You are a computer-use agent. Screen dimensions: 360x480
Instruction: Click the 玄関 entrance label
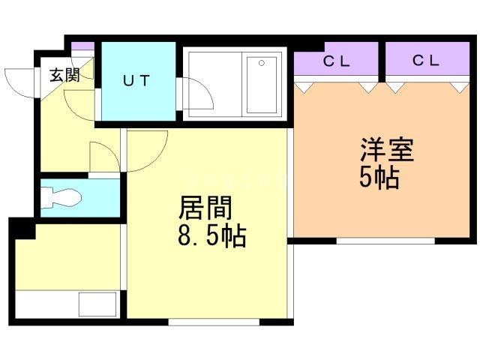pyautogui.click(x=64, y=75)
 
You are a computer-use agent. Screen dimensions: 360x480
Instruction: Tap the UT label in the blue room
pyautogui.click(x=136, y=80)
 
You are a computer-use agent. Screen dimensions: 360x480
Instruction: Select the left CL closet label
pyautogui.click(x=337, y=62)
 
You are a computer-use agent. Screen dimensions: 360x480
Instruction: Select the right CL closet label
pyautogui.click(x=425, y=61)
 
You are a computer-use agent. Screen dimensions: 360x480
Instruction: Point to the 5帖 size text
pyautogui.click(x=379, y=179)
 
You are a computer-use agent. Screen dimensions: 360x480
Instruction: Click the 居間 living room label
pyautogui.click(x=204, y=208)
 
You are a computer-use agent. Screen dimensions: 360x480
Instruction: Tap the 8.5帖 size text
pyautogui.click(x=212, y=238)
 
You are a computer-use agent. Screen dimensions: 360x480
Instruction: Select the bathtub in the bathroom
pyautogui.click(x=260, y=85)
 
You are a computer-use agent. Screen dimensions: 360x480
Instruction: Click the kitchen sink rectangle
pyautogui.click(x=97, y=304)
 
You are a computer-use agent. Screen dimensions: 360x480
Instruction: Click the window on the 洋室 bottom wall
pyautogui.click(x=385, y=241)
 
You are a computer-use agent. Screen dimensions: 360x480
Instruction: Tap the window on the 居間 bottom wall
pyautogui.click(x=213, y=322)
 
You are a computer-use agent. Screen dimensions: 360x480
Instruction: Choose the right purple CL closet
pyautogui.click(x=426, y=62)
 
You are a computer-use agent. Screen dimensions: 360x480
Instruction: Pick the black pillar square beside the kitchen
pyautogui.click(x=22, y=229)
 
